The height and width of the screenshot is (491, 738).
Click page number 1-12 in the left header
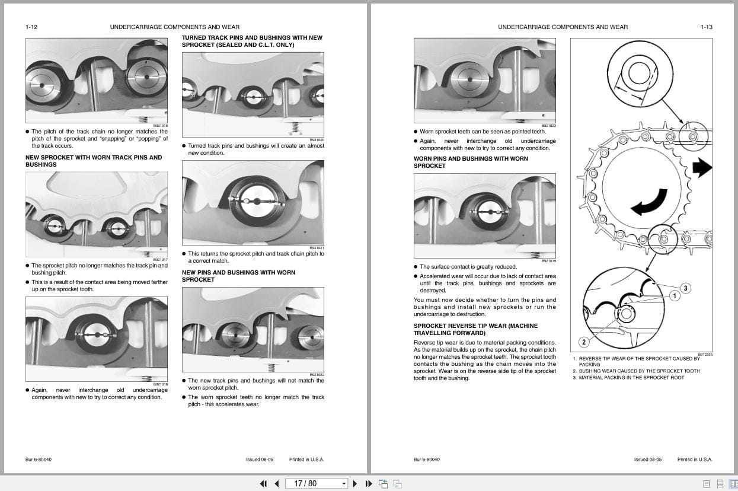(x=31, y=27)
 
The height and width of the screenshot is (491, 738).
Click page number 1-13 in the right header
(x=706, y=27)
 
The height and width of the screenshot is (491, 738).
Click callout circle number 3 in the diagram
(x=685, y=288)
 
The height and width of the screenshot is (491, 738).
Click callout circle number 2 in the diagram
(x=584, y=342)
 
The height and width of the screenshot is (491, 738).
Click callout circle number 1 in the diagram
(x=674, y=295)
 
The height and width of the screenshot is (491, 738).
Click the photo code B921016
(x=160, y=126)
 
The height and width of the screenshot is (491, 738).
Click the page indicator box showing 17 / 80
(x=316, y=483)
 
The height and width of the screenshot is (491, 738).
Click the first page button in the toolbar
(x=263, y=483)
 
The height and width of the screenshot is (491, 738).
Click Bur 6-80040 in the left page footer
(x=39, y=460)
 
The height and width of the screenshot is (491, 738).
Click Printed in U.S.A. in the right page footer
(x=695, y=460)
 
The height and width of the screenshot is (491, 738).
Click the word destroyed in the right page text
(x=433, y=291)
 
